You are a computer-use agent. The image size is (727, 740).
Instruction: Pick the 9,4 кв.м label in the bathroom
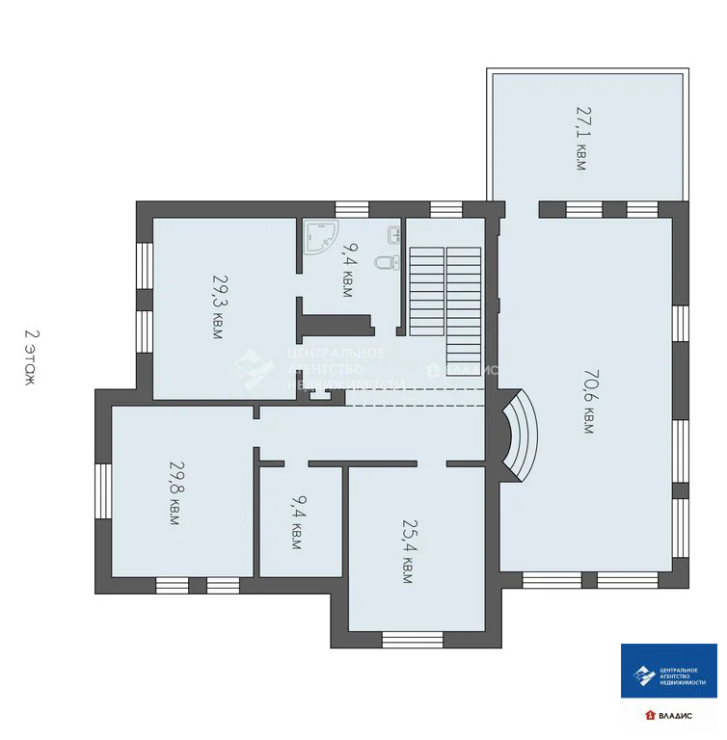(x=347, y=269)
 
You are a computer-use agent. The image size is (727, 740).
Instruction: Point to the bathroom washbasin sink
(x=393, y=234)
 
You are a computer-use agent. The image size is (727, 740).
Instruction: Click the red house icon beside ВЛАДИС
(x=650, y=715)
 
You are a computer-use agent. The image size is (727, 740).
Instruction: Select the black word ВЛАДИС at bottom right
(x=675, y=715)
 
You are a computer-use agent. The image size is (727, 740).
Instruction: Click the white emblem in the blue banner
(x=643, y=675)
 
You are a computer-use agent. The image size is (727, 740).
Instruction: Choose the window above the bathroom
(x=352, y=208)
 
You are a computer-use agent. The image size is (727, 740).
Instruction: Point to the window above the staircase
(x=446, y=208)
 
